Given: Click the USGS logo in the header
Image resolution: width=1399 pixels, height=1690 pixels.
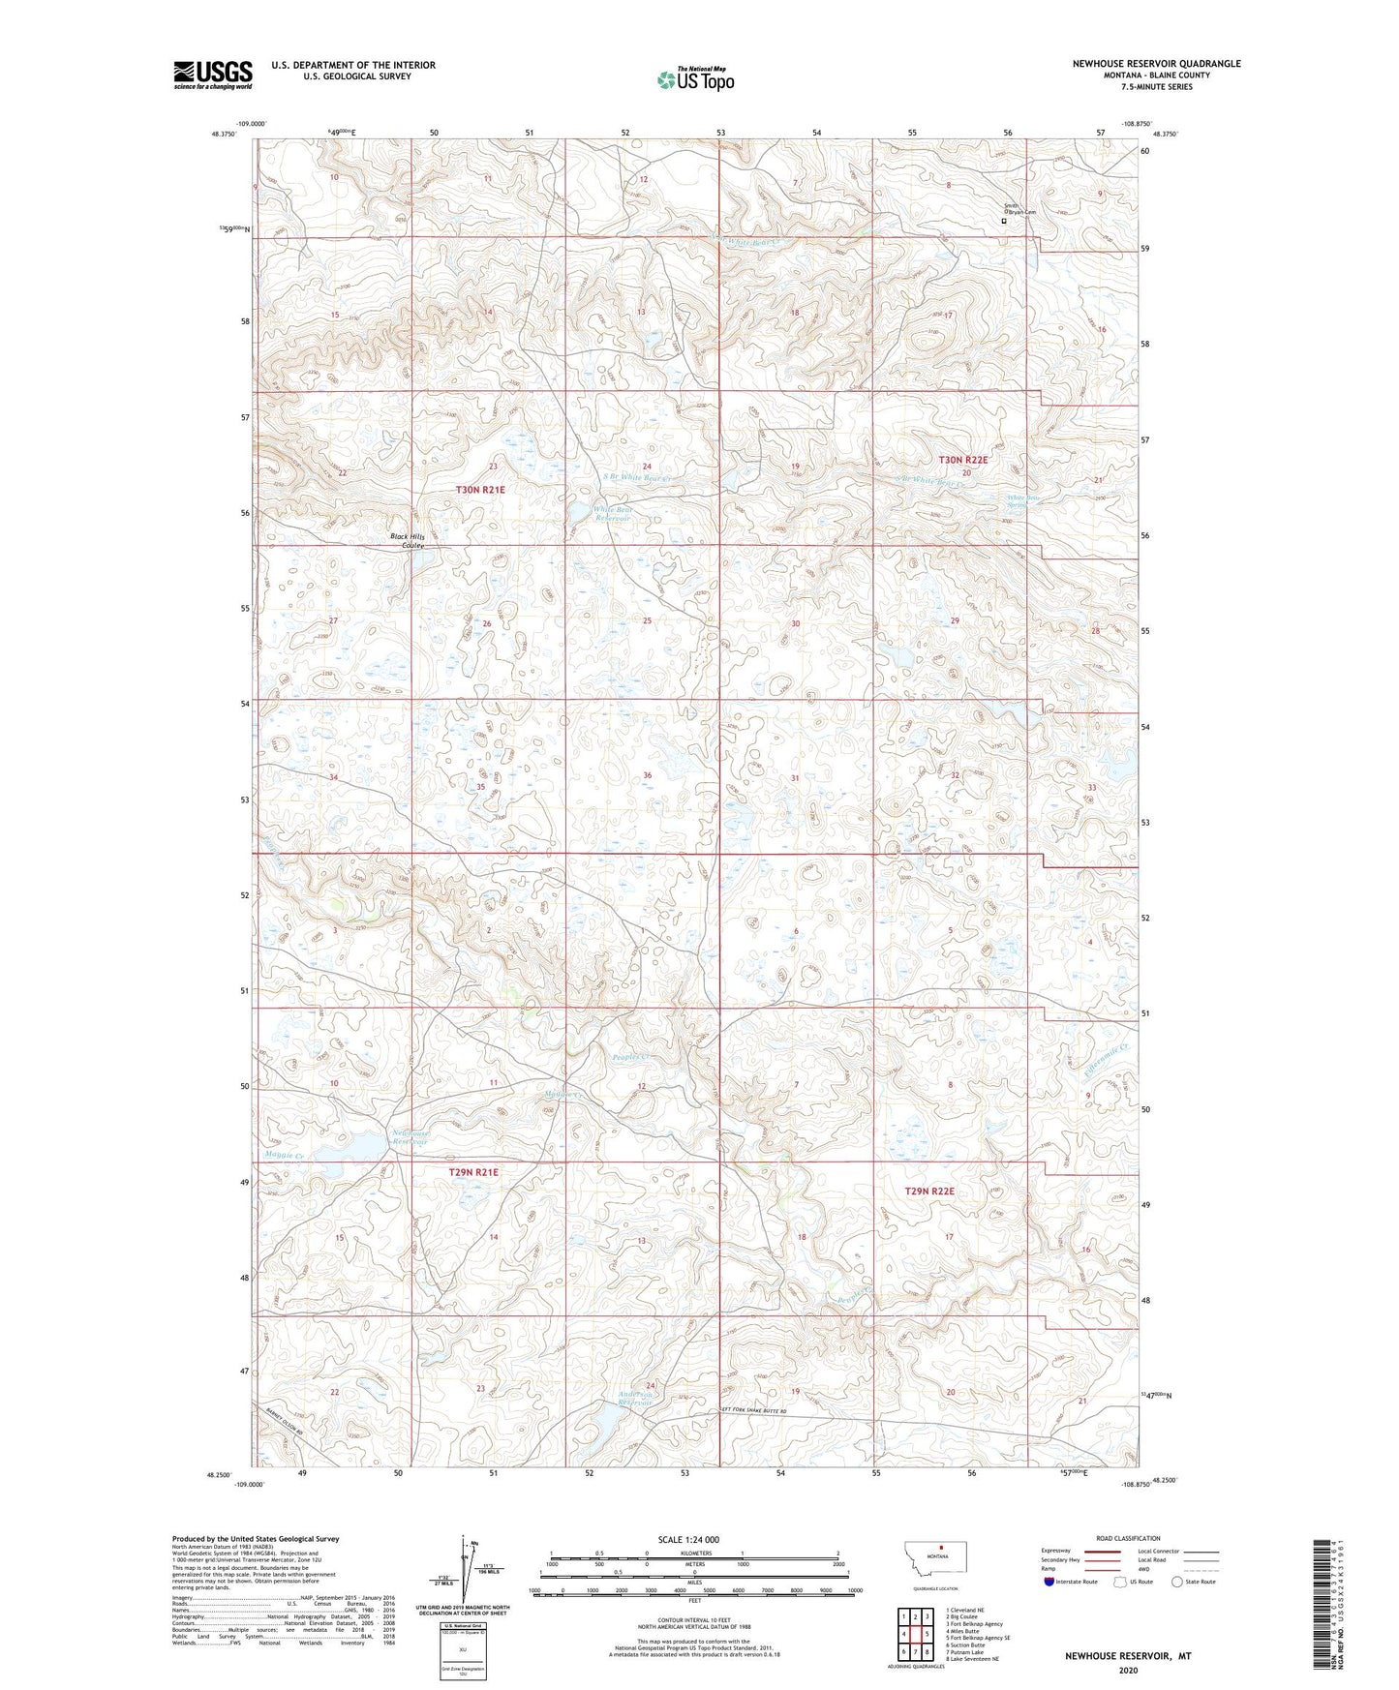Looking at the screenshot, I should click(x=213, y=75).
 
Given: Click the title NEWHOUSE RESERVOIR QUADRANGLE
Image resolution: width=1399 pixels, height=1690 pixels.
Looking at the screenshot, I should click(x=1156, y=64).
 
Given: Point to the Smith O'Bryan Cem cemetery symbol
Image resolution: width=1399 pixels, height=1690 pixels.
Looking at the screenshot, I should click(x=1003, y=221).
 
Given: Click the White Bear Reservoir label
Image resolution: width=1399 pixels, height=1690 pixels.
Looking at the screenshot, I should click(x=612, y=514).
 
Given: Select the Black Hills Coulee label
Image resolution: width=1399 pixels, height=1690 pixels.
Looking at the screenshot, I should click(x=408, y=541).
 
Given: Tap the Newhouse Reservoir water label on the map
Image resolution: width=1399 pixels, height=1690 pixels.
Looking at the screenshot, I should click(x=410, y=1138).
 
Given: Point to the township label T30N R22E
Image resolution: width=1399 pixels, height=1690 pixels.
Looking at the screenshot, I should click(x=963, y=460).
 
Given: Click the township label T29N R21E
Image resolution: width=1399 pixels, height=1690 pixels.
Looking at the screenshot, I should click(x=473, y=1172).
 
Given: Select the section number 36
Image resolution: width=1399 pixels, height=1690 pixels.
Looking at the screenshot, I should click(x=647, y=775).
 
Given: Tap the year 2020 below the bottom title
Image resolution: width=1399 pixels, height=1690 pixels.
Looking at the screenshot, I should click(x=1128, y=1670).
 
